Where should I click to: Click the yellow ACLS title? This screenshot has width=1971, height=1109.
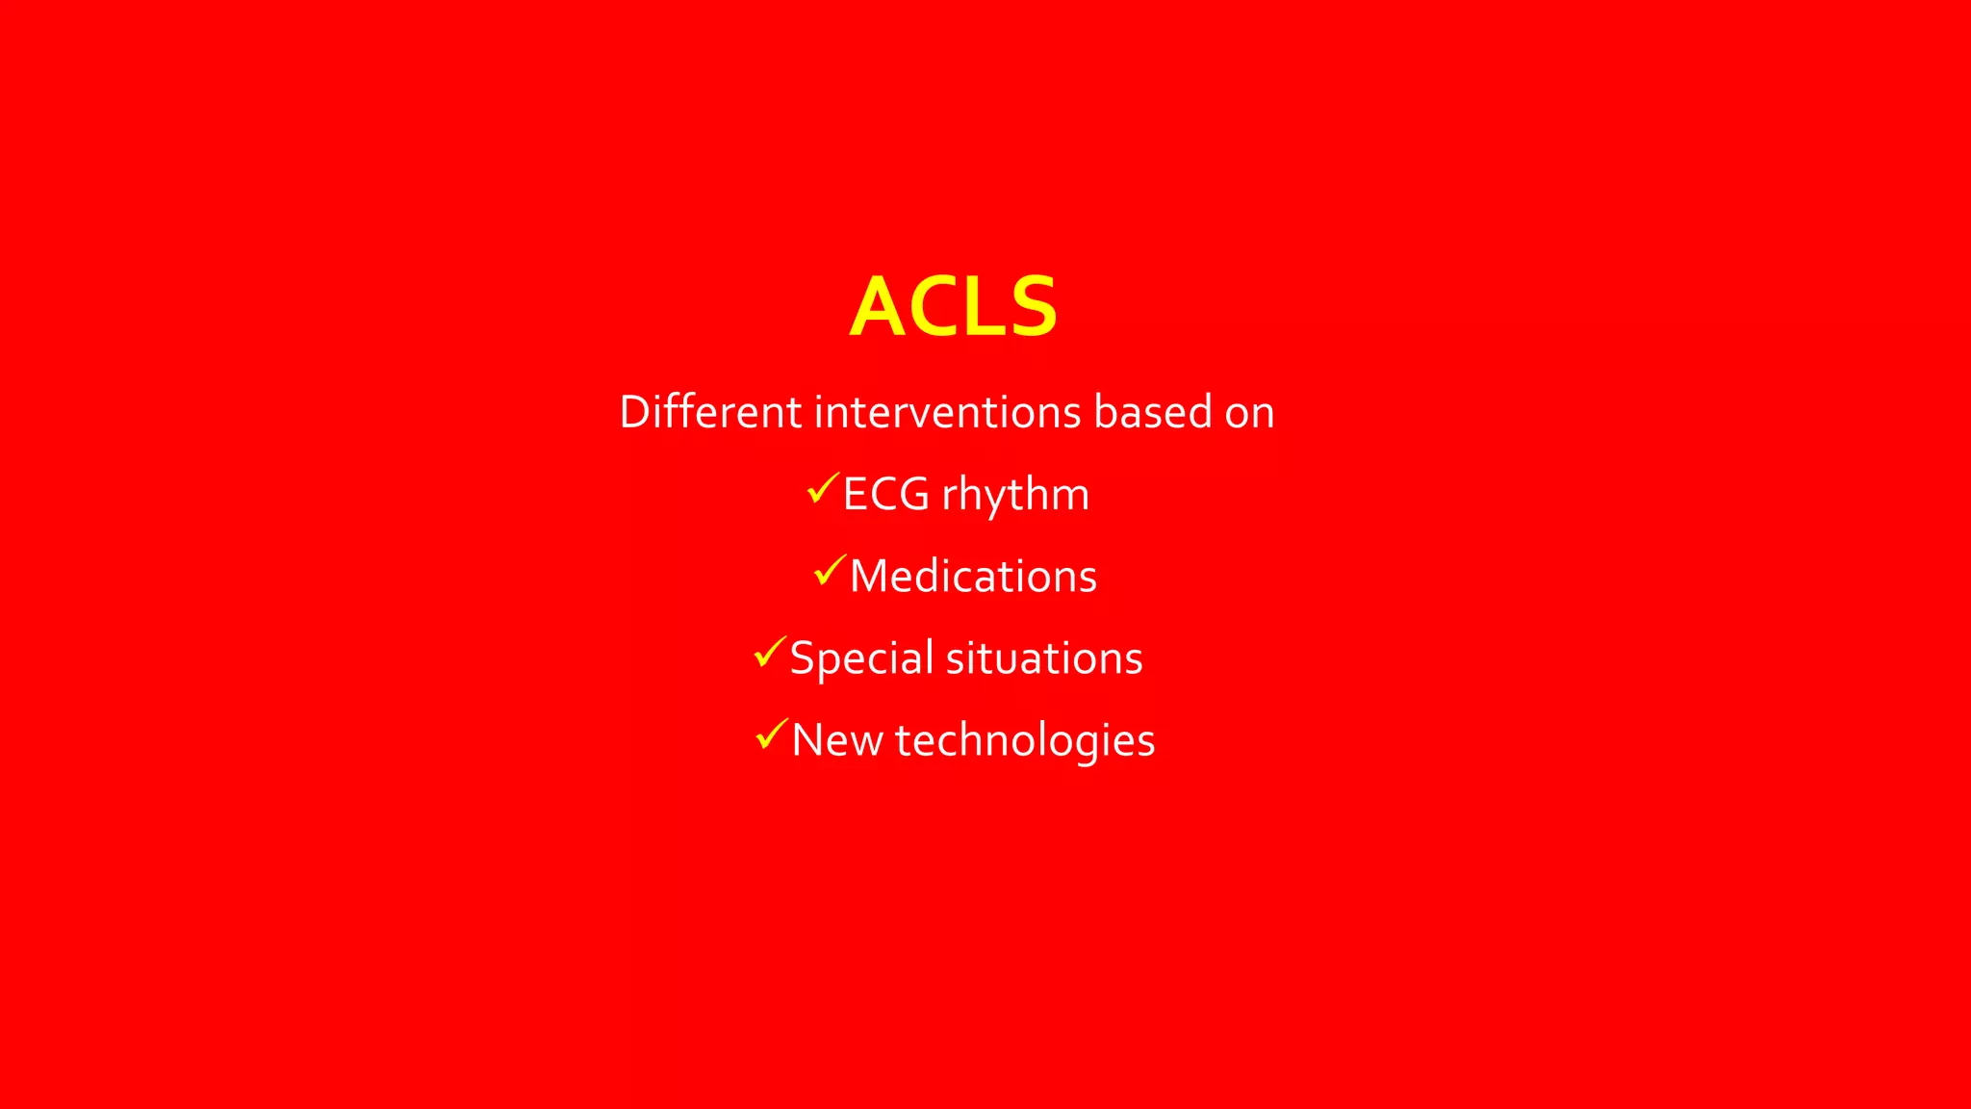[954, 307]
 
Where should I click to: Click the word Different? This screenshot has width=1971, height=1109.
[710, 412]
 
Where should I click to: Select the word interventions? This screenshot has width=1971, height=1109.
[948, 412]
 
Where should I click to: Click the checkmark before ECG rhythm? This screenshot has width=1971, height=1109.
[823, 489]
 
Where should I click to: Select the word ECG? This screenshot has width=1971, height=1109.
[885, 495]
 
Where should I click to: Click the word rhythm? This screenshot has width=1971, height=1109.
[1014, 495]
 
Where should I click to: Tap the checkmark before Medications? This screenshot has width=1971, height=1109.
[830, 571]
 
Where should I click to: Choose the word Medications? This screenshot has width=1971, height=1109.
[973, 577]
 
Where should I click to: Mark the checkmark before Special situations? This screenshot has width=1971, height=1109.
[770, 653]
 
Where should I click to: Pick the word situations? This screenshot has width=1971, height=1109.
[1044, 658]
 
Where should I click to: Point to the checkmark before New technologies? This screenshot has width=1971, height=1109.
[772, 735]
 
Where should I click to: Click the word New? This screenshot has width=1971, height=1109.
[836, 740]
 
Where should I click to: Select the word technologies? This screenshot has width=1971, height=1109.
[1024, 741]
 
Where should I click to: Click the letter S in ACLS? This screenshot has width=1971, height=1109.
[1031, 308]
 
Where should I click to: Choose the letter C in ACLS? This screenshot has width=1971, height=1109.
[936, 308]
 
